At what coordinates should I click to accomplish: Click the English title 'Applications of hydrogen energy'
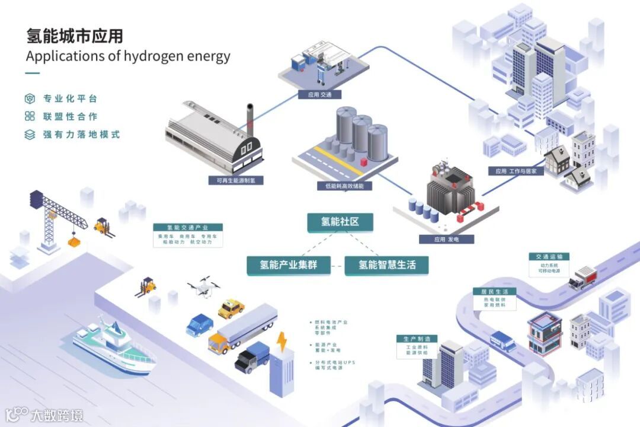128,56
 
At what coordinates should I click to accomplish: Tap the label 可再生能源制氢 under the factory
235,180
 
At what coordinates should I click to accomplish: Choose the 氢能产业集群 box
289,265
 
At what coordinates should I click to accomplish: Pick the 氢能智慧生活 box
387,265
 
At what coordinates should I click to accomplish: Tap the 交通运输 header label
549,257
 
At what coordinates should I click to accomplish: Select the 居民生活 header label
494,291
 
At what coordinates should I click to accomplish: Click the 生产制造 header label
417,339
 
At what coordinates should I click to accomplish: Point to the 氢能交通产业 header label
187,227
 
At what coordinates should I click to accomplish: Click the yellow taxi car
231,308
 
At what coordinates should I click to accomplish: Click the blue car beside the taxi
200,324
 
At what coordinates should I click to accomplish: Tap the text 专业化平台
70,98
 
